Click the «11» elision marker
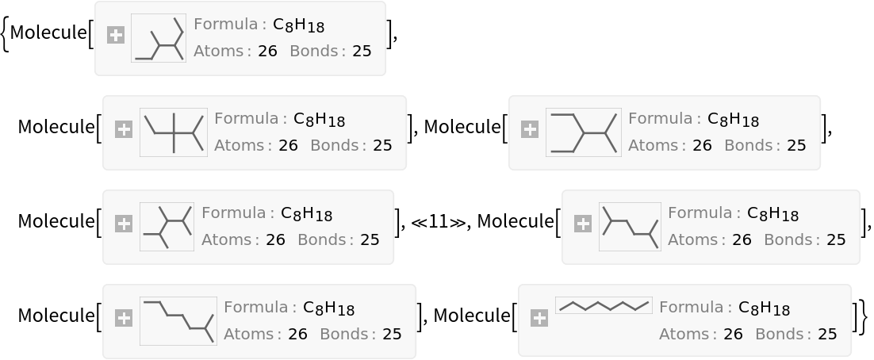pyautogui.click(x=438, y=222)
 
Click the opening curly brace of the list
pyautogui.click(x=5, y=33)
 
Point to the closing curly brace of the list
pyautogui.click(x=864, y=316)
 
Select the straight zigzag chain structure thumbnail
pyautogui.click(x=604, y=305)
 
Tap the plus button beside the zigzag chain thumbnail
pyautogui.click(x=539, y=318)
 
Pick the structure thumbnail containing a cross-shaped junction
pyautogui.click(x=174, y=132)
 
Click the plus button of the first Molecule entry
pyautogui.click(x=115, y=36)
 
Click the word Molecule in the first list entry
pyautogui.click(x=48, y=33)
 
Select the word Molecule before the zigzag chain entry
pyautogui.click(x=472, y=316)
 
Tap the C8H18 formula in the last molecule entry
pyautogui.click(x=764, y=308)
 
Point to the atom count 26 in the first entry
pyautogui.click(x=267, y=52)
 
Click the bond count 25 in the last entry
pyautogui.click(x=827, y=334)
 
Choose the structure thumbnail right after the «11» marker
pyautogui.click(x=630, y=227)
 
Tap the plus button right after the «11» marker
pyautogui.click(x=582, y=224)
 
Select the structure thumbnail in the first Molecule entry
pyautogui.click(x=159, y=38)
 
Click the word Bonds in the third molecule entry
pyautogui.click(x=746, y=145)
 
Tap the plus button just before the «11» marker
pyautogui.click(x=123, y=224)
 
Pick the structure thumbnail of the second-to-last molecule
pyautogui.click(x=178, y=321)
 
